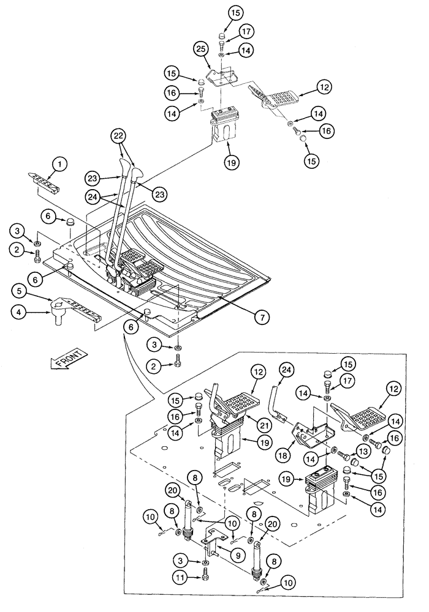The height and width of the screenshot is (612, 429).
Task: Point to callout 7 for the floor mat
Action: [262, 316]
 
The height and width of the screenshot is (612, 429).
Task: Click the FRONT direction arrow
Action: [66, 362]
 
